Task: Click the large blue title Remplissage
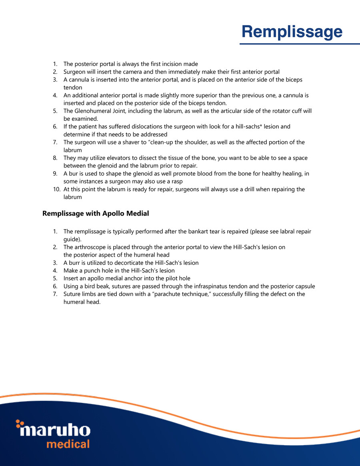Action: pyautogui.click(x=292, y=32)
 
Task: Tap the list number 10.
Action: pyautogui.click(x=56, y=189)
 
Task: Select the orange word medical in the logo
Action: pyautogui.click(x=68, y=444)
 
